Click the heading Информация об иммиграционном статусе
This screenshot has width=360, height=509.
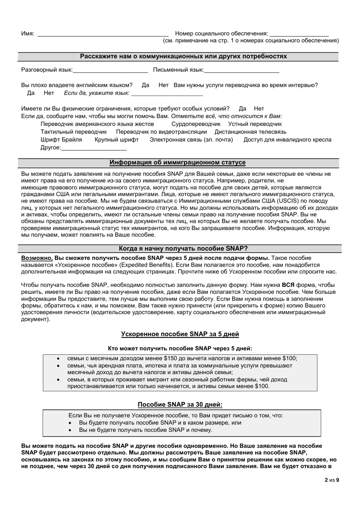[178, 162]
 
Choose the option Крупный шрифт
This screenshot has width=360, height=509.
[117, 140]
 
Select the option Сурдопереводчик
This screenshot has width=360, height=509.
[196, 124]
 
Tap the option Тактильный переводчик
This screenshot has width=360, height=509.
[74, 132]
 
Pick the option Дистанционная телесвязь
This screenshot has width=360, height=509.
[250, 132]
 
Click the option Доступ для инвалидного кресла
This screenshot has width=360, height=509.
[287, 140]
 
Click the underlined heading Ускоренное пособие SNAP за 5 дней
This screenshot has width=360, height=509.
[180, 334]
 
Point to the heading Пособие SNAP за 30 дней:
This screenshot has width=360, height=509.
[180, 404]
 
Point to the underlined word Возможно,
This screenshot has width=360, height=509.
[37, 258]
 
